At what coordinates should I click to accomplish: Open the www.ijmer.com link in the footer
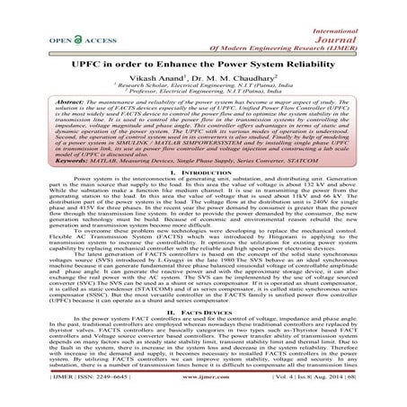click(203, 393)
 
